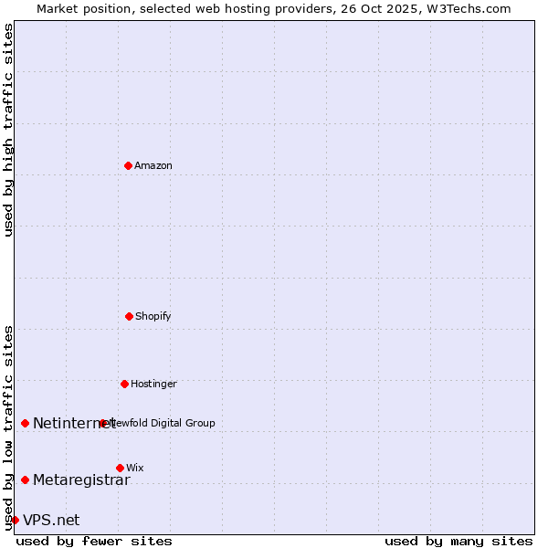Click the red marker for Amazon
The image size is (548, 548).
[128, 165]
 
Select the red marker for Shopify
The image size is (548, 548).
[129, 316]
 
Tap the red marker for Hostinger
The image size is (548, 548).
[124, 384]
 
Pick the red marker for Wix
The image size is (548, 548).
[120, 468]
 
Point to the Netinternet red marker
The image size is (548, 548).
[25, 423]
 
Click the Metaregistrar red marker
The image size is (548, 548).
[25, 479]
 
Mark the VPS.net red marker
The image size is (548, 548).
[15, 520]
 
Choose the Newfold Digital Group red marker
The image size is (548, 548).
[102, 423]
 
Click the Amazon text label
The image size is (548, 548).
[153, 165]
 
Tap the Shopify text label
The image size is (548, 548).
[153, 316]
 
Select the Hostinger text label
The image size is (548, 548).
[153, 384]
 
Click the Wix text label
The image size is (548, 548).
[135, 468]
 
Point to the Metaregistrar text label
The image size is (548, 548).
[81, 479]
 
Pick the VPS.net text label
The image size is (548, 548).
[51, 520]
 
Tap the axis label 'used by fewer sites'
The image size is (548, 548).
[94, 541]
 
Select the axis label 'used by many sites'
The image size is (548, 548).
[458, 541]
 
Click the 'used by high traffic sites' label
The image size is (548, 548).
[8, 130]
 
